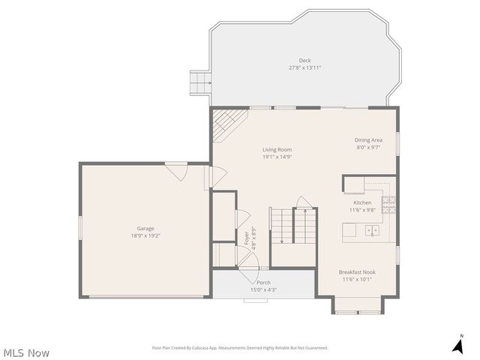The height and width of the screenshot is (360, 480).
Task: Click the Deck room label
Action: (304, 61)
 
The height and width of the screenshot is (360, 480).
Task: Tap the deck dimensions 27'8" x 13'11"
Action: (304, 67)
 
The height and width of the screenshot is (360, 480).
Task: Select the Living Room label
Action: (277, 150)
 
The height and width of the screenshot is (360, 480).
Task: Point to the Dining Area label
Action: (368, 140)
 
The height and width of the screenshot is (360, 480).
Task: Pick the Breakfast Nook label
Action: (357, 272)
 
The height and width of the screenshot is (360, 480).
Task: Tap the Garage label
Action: (145, 229)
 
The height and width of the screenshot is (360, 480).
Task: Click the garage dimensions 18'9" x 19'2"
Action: (145, 235)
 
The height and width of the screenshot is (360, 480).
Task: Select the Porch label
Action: (263, 283)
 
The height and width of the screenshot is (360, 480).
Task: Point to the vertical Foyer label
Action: (247, 238)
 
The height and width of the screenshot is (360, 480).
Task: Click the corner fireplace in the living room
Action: (226, 123)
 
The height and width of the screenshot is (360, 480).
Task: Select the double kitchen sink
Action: (372, 231)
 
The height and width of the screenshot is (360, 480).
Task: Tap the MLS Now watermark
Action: (26, 352)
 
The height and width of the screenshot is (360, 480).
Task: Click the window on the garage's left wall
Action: (80, 227)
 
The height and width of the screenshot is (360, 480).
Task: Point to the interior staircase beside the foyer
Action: (293, 226)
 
